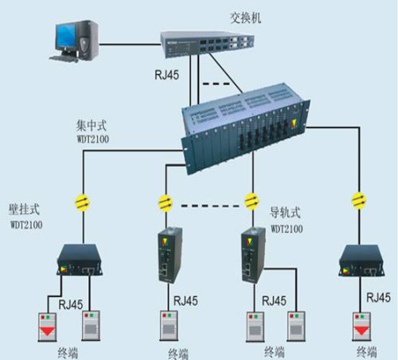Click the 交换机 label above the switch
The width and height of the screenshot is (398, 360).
tap(245, 18)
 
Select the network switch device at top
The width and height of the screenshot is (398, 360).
tap(207, 44)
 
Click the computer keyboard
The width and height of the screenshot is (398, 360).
tap(64, 59)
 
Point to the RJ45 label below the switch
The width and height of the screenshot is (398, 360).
tap(167, 75)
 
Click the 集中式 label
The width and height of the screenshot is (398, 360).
tap(92, 125)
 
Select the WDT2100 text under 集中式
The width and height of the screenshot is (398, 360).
tap(93, 139)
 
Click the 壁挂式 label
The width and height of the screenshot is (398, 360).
tap(24, 209)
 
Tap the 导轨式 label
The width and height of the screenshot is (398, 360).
tap(285, 213)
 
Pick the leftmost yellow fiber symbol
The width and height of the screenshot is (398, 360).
tap(83, 202)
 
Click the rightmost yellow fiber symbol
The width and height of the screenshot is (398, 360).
tap(359, 201)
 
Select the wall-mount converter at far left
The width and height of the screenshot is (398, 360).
tap(80, 260)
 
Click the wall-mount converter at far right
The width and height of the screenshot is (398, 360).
tap(362, 260)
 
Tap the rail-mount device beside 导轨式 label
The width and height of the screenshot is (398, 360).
tap(253, 256)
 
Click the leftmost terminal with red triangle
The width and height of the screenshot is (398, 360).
tap(47, 327)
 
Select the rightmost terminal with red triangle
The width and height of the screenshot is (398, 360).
tap(361, 327)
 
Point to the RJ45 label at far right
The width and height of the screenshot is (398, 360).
tap(378, 298)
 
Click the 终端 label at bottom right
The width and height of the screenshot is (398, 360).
tap(367, 352)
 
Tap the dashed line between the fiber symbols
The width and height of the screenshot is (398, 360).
tap(210, 205)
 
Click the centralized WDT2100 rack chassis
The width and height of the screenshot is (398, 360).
tap(245, 129)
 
